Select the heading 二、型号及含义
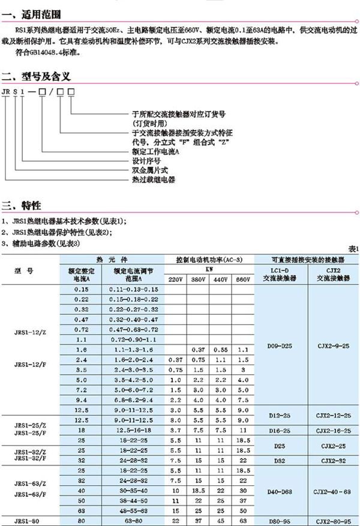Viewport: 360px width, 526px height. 38,77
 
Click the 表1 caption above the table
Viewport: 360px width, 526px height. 353,248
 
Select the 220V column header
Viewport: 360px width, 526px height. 175,279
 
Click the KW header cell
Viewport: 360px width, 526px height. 209,270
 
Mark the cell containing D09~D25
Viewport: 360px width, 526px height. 281,347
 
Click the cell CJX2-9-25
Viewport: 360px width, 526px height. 334,347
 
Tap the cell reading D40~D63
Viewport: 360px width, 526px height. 281,492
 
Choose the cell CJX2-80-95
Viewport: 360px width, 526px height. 334,521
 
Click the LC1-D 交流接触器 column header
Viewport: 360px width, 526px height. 281,275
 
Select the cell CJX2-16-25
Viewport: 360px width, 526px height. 334,431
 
